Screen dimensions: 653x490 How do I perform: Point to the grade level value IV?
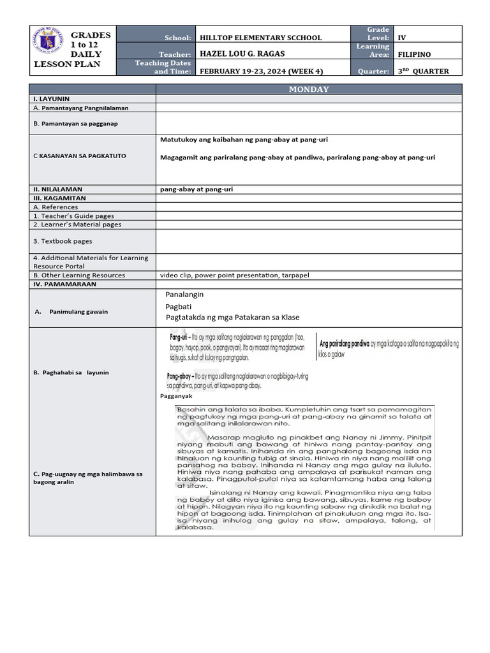click(x=402, y=38)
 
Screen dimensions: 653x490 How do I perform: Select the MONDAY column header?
click(x=309, y=89)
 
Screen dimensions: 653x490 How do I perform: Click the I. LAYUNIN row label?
click(x=52, y=99)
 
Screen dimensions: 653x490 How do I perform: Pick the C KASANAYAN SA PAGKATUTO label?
click(x=80, y=156)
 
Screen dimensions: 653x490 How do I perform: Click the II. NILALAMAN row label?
click(x=58, y=189)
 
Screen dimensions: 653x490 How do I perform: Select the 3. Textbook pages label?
click(x=63, y=241)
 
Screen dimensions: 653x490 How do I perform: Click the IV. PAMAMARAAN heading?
click(x=65, y=284)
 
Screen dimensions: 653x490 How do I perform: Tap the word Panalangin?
click(x=184, y=295)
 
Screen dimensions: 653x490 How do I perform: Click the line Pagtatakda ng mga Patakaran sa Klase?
click(x=232, y=318)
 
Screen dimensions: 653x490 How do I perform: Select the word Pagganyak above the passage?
click(x=176, y=396)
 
